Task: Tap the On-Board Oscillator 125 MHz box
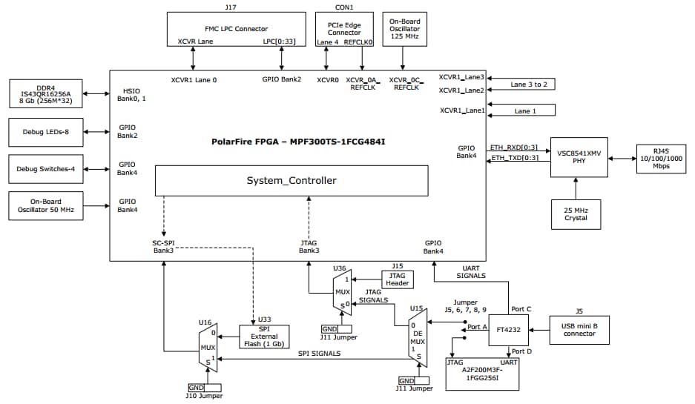tap(404, 30)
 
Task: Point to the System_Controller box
tap(291, 181)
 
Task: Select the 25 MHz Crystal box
tap(576, 213)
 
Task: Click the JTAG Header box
tap(396, 279)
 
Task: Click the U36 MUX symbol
tap(341, 291)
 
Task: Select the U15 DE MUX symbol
tap(418, 337)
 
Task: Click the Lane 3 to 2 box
tap(529, 84)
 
